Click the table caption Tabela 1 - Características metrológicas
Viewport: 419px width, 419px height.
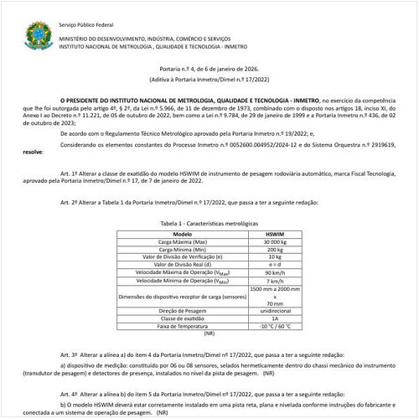tap(209, 224)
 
